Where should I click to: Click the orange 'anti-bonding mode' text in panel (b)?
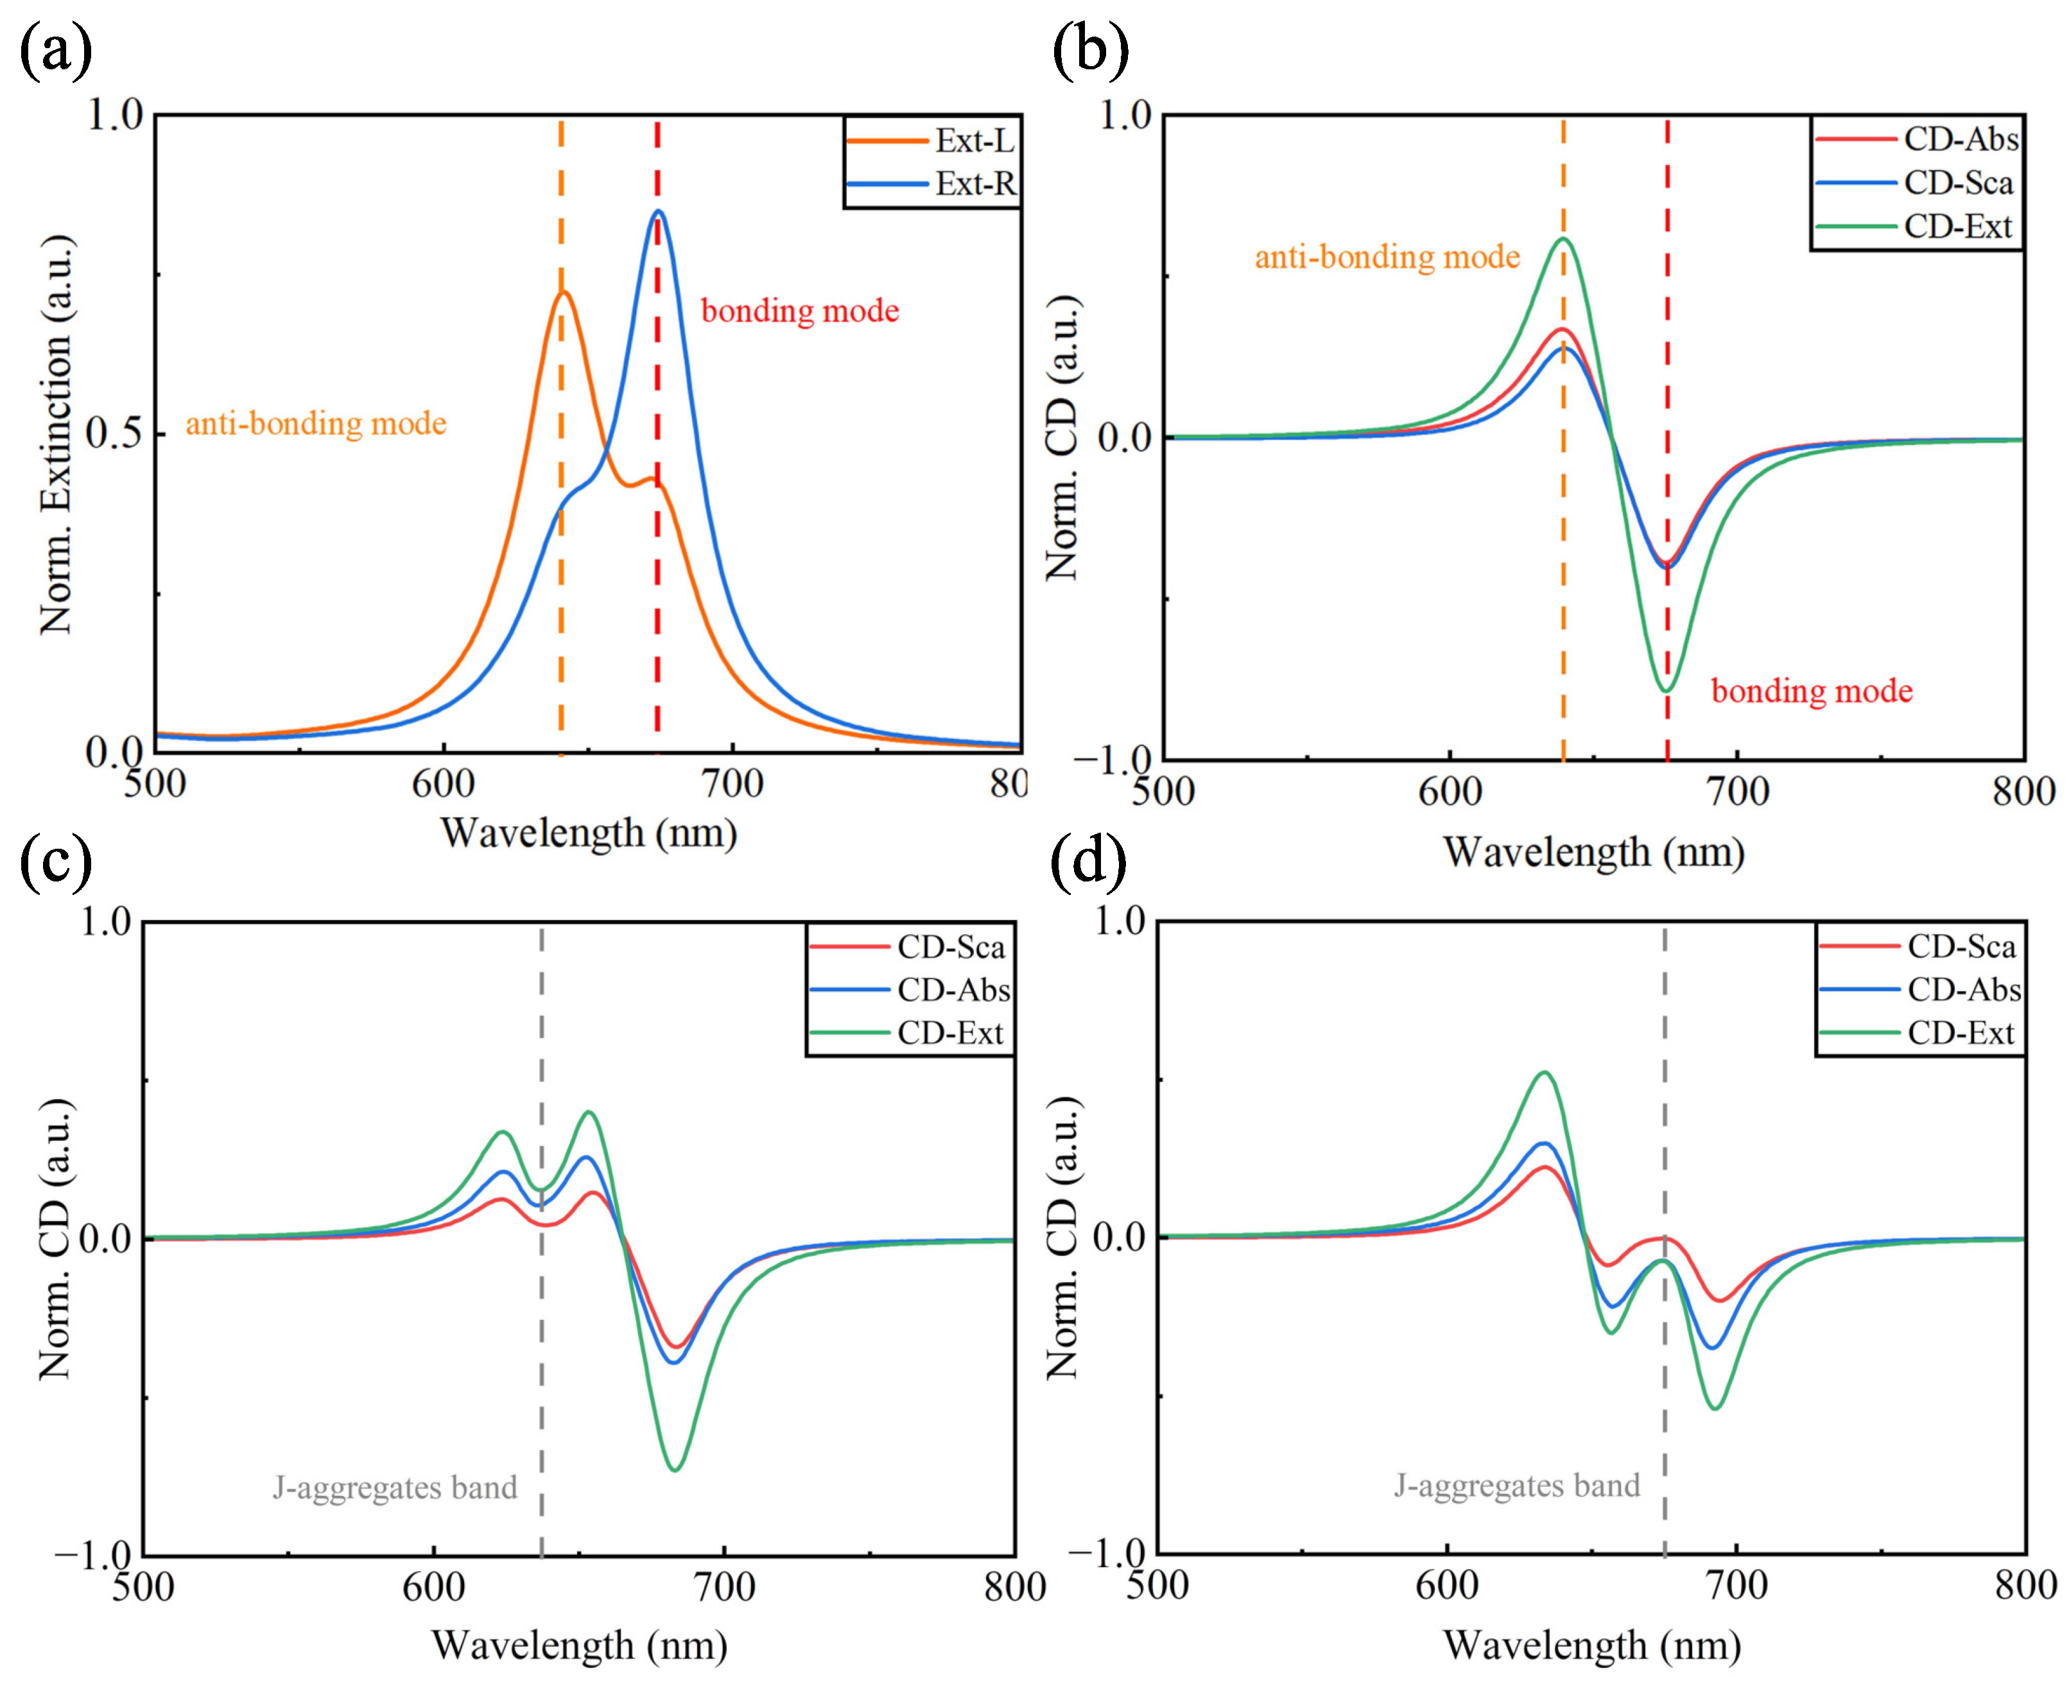pos(1387,257)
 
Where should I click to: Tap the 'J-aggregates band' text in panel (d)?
pos(1517,1485)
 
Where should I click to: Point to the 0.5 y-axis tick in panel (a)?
pos(114,433)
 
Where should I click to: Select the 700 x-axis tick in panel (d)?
pos(1737,1585)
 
